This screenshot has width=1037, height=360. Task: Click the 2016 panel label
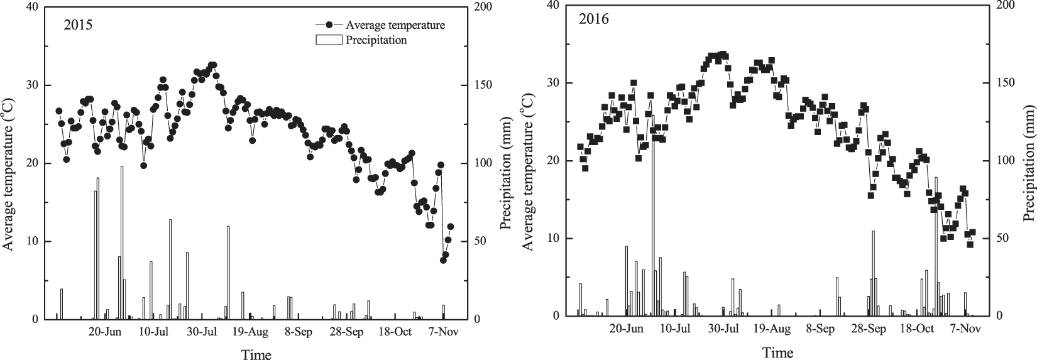595,19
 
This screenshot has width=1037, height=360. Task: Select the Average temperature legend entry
394,25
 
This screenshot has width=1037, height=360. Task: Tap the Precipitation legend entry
375,40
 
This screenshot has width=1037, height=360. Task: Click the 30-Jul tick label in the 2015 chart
202,331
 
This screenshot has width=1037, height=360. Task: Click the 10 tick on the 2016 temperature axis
552,239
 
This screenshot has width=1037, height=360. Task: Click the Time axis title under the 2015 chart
256,355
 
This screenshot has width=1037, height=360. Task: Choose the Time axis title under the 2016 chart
777,352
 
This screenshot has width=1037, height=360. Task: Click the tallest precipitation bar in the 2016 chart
653,214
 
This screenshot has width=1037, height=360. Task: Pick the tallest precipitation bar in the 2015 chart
122,242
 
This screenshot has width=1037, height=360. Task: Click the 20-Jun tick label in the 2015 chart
104,331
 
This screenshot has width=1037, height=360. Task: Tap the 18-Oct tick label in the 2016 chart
916,329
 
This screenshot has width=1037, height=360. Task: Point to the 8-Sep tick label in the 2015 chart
299,331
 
